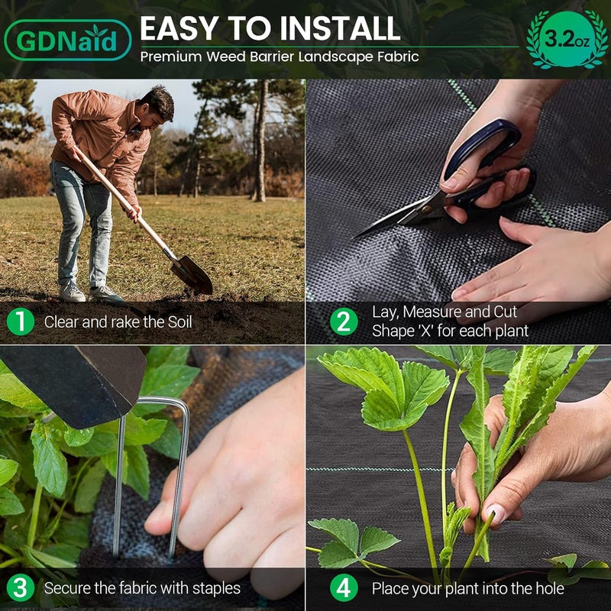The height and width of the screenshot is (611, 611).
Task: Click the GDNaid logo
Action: tap(67, 40)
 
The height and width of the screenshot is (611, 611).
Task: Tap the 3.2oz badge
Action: tap(566, 39)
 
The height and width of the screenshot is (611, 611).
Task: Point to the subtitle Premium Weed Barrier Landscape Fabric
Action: tap(279, 57)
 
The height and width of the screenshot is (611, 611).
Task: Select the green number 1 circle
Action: tap(21, 322)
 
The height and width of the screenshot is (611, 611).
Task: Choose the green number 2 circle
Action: tap(344, 322)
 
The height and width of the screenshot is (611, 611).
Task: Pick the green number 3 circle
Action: tap(21, 588)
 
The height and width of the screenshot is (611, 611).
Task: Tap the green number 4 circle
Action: tap(344, 588)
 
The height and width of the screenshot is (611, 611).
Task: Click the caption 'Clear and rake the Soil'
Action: tap(118, 322)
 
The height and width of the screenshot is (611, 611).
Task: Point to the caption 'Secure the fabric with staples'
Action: tap(142, 588)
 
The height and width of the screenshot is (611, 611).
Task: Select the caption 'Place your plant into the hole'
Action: tap(467, 588)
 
